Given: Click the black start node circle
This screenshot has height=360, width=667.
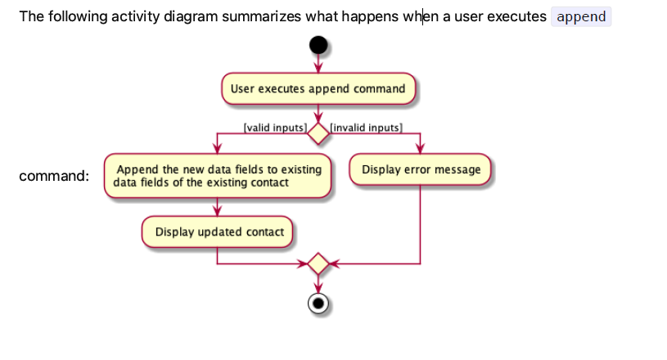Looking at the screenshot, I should click(x=318, y=46).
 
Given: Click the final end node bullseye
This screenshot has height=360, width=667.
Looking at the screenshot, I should click(x=318, y=304).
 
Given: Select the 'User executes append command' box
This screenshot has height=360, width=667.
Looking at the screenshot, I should click(x=318, y=88).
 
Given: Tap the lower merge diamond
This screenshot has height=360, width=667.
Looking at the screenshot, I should click(x=318, y=264).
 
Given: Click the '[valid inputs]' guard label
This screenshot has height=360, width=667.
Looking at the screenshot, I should click(x=274, y=128).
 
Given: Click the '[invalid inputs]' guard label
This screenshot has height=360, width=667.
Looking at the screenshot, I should click(x=366, y=128).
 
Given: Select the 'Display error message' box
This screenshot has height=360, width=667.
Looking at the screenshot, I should click(x=421, y=170).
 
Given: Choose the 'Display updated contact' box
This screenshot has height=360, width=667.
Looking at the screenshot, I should click(x=217, y=232).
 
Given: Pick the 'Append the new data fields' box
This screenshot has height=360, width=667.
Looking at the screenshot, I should click(x=217, y=176).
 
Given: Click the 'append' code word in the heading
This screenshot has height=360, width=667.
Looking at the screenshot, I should click(x=581, y=16).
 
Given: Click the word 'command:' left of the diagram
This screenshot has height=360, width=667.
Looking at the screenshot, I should click(x=54, y=176).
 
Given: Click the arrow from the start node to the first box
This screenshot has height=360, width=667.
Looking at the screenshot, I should click(x=318, y=64).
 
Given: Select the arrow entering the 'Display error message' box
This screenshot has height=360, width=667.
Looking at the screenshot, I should click(x=421, y=144).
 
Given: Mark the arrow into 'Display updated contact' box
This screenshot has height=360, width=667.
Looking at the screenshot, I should click(x=217, y=208).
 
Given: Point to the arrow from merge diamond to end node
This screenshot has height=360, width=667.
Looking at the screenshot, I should click(x=318, y=284).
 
